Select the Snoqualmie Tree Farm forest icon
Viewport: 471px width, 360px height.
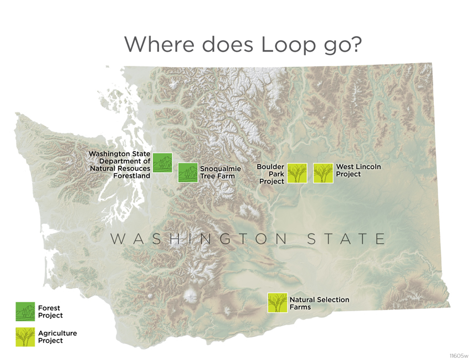[188, 172]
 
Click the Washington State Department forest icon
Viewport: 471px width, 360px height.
[162, 162]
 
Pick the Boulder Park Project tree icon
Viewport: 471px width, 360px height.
[297, 173]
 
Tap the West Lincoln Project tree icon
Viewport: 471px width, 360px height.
[323, 173]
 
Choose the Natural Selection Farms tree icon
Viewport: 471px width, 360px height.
[277, 302]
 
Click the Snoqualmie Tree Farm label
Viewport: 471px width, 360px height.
[220, 172]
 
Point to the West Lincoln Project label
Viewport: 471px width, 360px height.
[358, 170]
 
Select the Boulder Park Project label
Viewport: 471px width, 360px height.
[271, 174]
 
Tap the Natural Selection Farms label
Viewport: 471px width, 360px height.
[319, 303]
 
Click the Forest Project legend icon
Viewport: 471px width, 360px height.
[25, 311]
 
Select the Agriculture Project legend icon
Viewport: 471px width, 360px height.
[25, 337]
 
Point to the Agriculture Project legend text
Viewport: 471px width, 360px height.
[57, 337]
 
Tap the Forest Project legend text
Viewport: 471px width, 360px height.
[50, 311]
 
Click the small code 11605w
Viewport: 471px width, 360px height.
[459, 355]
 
